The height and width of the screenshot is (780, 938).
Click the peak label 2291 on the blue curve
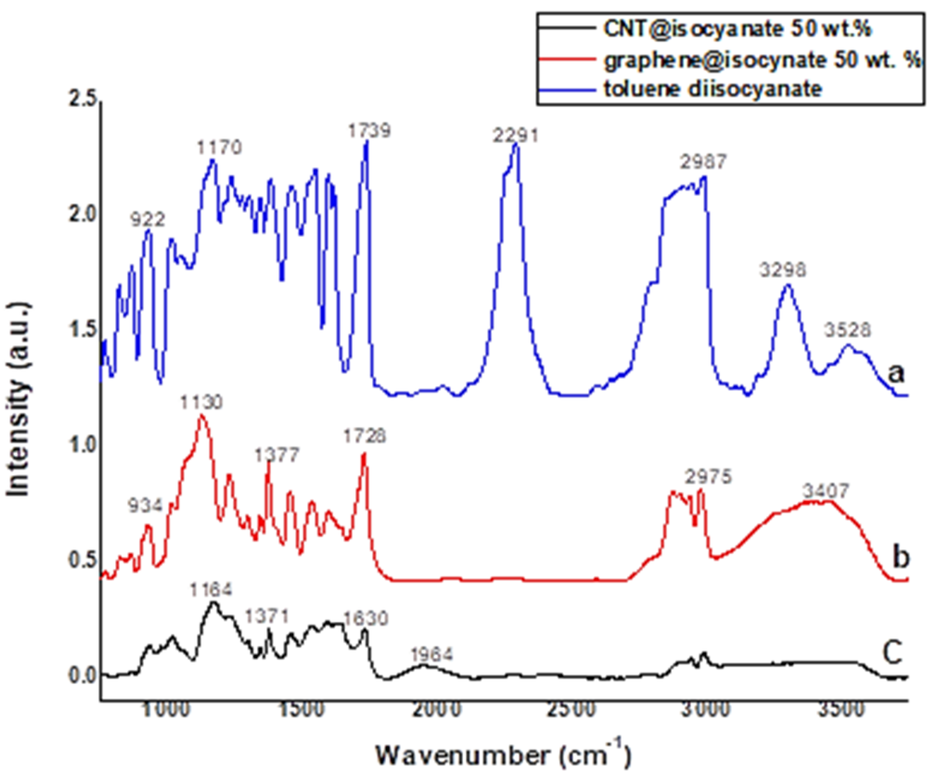(x=516, y=136)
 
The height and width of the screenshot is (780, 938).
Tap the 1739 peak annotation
(x=370, y=131)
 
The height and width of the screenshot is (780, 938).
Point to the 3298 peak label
(x=783, y=270)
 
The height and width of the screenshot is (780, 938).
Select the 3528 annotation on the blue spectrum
(x=848, y=330)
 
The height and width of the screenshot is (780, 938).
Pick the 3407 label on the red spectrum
(x=826, y=491)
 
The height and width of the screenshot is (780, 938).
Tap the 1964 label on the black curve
(x=431, y=654)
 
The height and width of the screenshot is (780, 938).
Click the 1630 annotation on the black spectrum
(x=365, y=618)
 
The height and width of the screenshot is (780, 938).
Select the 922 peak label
(x=147, y=220)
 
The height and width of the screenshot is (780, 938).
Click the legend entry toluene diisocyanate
(x=713, y=89)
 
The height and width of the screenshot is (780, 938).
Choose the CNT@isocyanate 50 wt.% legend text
(x=737, y=29)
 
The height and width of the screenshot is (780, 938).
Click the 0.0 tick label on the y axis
(x=83, y=676)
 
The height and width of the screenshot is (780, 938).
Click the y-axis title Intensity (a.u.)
(x=19, y=399)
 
